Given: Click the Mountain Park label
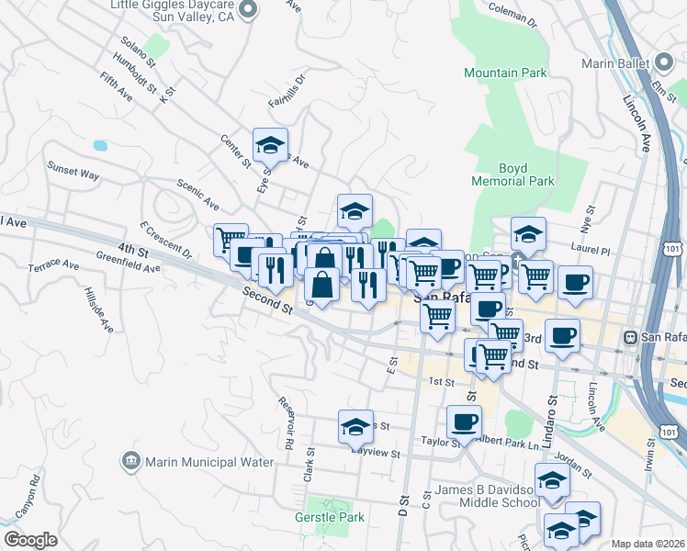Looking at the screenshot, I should (x=505, y=73).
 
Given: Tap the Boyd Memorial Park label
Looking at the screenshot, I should (x=513, y=174).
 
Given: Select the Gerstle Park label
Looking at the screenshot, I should (x=330, y=517).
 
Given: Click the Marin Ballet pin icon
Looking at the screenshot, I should (x=665, y=63).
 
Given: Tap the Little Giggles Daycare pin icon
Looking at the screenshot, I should (x=247, y=11).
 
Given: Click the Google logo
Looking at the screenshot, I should (x=30, y=540).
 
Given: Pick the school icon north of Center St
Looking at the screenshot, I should (x=270, y=145).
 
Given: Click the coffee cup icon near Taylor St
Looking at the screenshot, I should (x=464, y=422).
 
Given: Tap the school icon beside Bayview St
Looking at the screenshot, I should (x=355, y=427).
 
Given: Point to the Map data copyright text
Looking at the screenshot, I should (x=648, y=544).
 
